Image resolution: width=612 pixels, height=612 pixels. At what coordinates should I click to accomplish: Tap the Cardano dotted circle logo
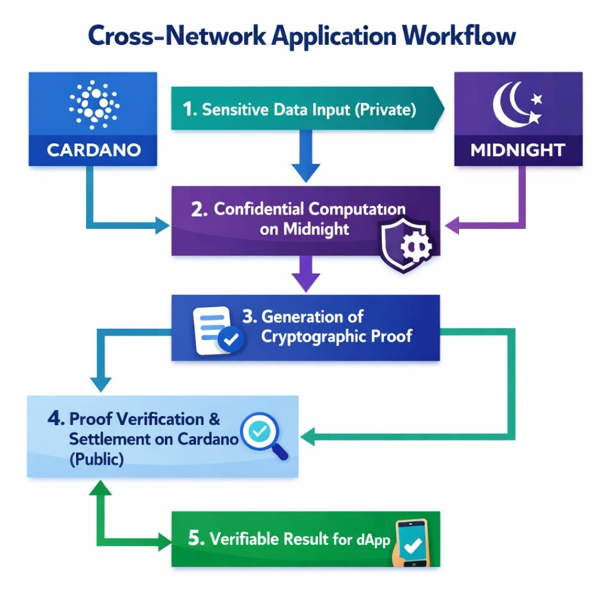[x=94, y=105]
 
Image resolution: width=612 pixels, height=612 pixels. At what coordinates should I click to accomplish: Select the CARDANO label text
[x=94, y=150]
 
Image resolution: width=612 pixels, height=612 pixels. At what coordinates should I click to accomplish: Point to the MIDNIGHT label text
[x=518, y=150]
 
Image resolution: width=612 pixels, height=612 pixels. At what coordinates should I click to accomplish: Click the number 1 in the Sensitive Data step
[x=188, y=109]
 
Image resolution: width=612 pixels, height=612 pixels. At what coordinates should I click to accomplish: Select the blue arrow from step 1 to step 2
[x=306, y=156]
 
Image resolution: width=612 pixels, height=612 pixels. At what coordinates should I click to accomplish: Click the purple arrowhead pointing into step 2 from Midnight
[x=452, y=225]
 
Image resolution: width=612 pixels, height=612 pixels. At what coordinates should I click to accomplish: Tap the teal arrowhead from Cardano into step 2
[x=163, y=225]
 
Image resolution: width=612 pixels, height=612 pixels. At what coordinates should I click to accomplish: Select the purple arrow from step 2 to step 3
[x=306, y=274]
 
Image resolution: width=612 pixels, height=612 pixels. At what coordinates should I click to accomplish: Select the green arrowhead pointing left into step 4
[x=308, y=436]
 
